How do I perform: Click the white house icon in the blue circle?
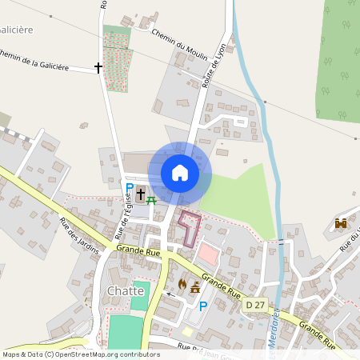coord(180,173)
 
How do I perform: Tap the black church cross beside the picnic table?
coord(141,194)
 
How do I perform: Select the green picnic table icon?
coord(152,197)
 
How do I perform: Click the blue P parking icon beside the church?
coord(130,190)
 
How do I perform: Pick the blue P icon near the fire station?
coord(203,306)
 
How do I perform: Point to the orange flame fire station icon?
coord(182,284)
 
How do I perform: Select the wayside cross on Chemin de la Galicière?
coord(99,68)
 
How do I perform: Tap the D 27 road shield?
coord(255,305)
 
